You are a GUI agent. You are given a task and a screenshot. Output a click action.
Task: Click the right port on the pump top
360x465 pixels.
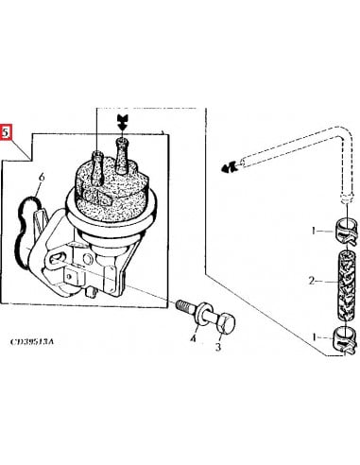click(x=122, y=149)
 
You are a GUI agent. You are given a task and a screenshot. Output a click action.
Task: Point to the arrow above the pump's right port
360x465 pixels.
click(x=121, y=121)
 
